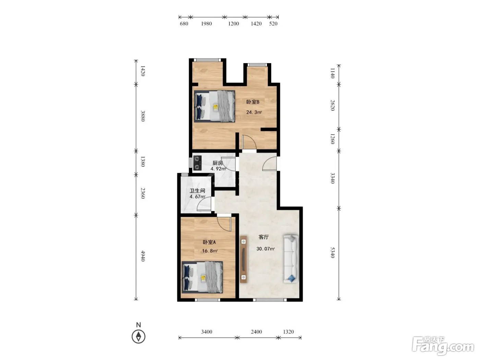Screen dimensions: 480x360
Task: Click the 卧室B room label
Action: (x=253, y=102)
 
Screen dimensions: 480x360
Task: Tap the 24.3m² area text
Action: (x=254, y=112)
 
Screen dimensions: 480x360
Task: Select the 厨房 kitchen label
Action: (x=218, y=163)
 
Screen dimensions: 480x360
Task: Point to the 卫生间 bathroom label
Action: (x=197, y=191)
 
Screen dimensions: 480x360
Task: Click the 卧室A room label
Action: (x=209, y=242)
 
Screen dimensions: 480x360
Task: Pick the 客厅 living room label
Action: (x=264, y=237)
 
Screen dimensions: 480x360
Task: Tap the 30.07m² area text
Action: (x=265, y=249)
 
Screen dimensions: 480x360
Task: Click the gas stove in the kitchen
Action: (x=197, y=163)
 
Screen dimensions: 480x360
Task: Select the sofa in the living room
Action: (x=291, y=259)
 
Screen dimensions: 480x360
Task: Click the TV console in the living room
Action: (x=243, y=259)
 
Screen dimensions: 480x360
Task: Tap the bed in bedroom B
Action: (x=215, y=106)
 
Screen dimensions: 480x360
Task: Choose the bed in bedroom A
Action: (x=202, y=277)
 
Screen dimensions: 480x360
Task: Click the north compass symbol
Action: (x=139, y=336)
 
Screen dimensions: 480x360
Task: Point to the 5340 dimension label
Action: (x=332, y=252)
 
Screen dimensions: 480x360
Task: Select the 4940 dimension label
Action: (x=143, y=256)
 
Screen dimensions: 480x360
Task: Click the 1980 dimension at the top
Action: (x=206, y=24)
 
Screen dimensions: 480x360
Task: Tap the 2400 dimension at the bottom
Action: (x=256, y=332)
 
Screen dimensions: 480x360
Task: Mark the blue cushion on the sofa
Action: (x=291, y=278)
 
